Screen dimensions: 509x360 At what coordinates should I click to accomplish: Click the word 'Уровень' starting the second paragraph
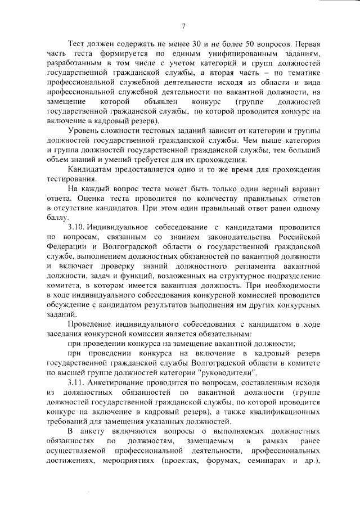83,132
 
